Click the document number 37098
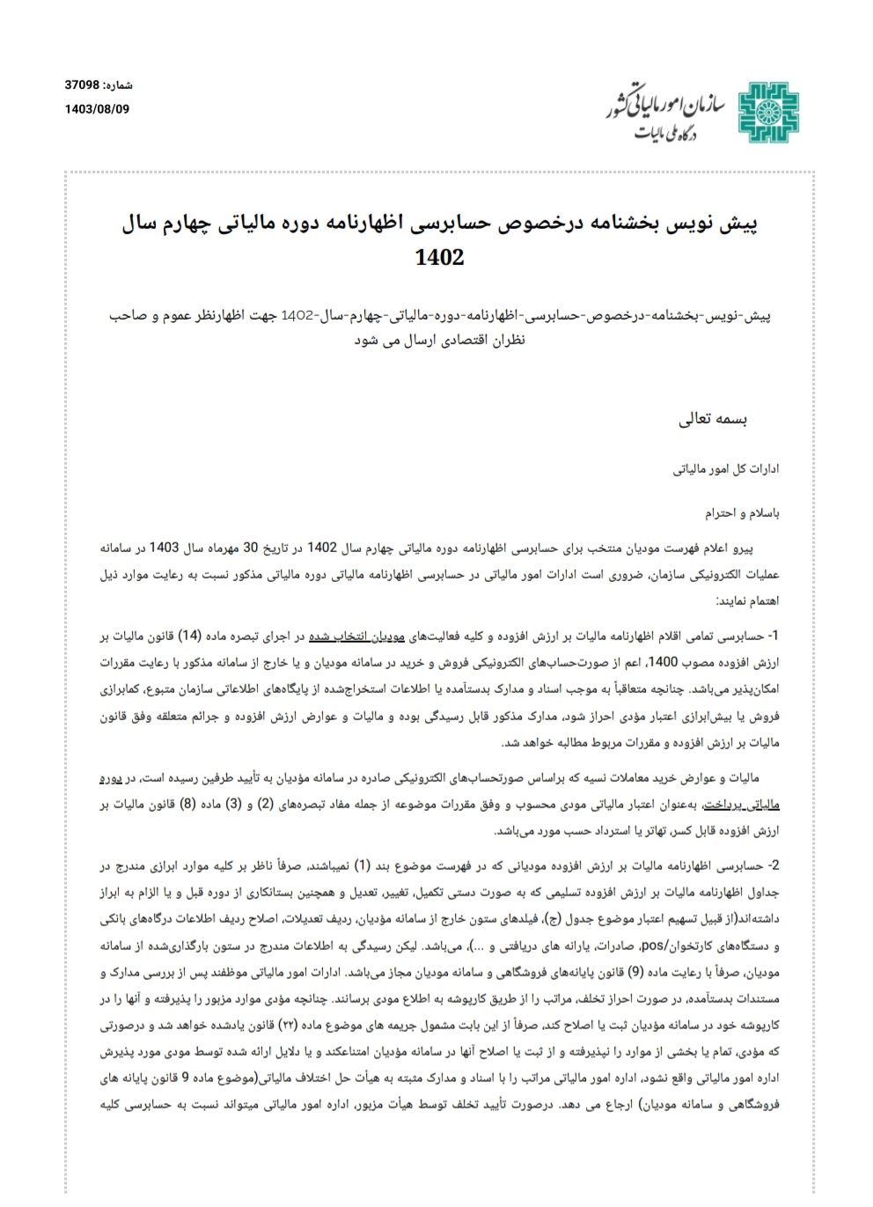[x=83, y=86]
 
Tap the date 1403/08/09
[x=97, y=109]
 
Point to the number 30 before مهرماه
[x=251, y=547]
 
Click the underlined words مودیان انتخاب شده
[x=350, y=636]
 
